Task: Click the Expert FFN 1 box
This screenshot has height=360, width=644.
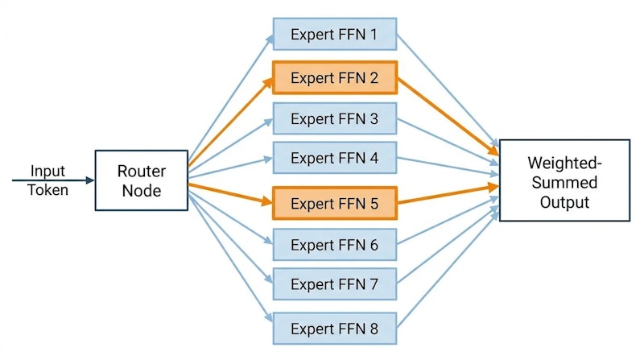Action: click(x=334, y=35)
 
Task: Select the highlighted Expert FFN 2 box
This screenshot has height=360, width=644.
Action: click(x=334, y=78)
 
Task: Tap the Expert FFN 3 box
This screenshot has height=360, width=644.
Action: click(x=334, y=118)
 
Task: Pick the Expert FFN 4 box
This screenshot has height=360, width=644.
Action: click(x=334, y=158)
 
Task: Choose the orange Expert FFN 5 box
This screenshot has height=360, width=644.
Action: click(x=334, y=203)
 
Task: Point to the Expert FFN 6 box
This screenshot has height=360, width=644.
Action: click(x=334, y=244)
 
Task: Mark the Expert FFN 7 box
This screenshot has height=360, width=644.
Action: click(x=334, y=283)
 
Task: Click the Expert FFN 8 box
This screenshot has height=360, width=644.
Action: click(x=334, y=329)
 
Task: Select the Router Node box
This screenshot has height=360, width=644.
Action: click(x=141, y=180)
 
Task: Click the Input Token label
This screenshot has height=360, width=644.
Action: click(x=48, y=180)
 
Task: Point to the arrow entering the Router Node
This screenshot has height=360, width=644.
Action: click(x=64, y=180)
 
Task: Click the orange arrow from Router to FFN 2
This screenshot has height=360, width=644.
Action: click(x=229, y=121)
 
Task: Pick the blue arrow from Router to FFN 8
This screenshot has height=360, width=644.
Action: click(x=229, y=258)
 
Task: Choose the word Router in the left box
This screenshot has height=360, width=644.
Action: click(x=141, y=171)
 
